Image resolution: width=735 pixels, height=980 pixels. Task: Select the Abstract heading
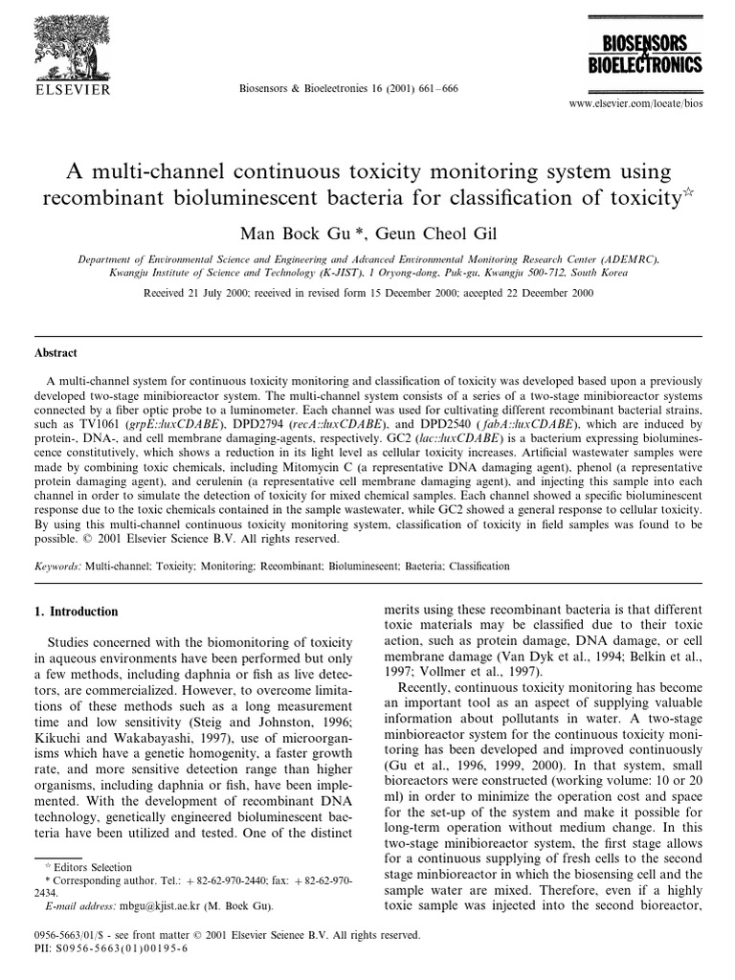click(55, 352)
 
